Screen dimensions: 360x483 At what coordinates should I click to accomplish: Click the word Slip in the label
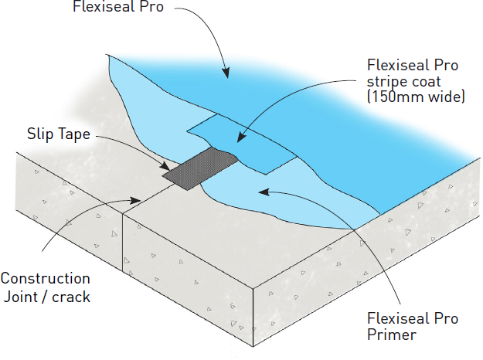[38, 134]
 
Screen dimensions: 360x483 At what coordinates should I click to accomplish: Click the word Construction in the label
[46, 278]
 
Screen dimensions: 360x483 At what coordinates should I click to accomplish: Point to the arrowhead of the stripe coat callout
[238, 141]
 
